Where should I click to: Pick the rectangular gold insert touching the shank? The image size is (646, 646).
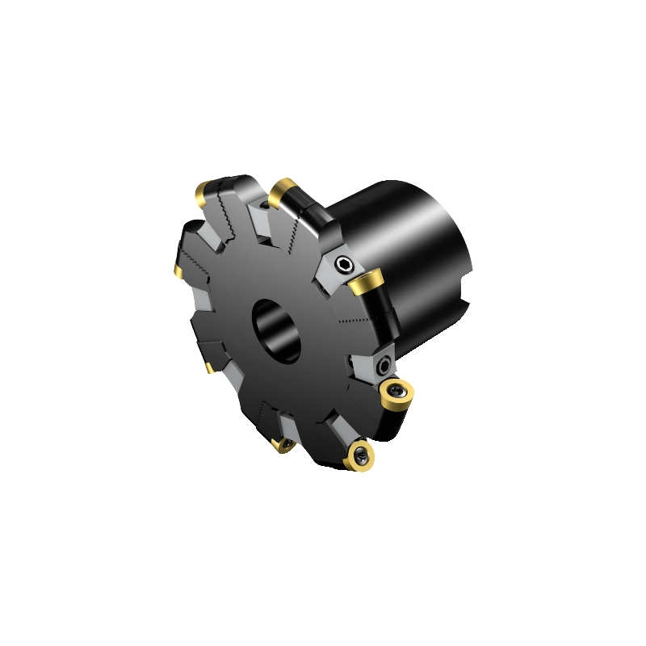pyautogui.click(x=366, y=283)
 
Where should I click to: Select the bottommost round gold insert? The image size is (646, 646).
pyautogui.click(x=359, y=457)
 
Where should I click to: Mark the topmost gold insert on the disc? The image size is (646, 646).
pyautogui.click(x=283, y=191)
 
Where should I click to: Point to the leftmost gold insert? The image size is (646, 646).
pyautogui.click(x=175, y=267)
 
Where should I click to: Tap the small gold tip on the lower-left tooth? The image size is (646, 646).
pyautogui.click(x=209, y=368)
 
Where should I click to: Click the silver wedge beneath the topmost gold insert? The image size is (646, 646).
pyautogui.click(x=263, y=217)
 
